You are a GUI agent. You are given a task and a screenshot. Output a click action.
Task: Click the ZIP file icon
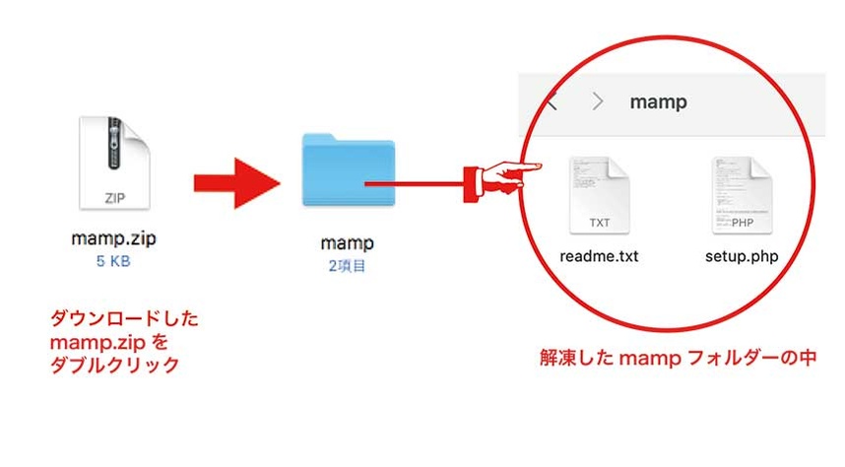(114, 165)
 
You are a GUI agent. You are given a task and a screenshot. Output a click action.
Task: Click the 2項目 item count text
(348, 265)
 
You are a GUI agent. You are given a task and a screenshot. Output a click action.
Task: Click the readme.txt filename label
(599, 257)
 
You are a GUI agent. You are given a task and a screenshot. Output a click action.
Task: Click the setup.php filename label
(741, 257)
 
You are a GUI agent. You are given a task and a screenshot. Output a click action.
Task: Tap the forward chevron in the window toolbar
(597, 101)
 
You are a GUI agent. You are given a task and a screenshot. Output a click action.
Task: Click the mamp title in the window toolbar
(660, 101)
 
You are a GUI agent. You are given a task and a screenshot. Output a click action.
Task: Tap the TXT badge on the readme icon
(600, 223)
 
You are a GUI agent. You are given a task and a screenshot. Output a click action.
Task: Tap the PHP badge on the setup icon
(744, 223)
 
